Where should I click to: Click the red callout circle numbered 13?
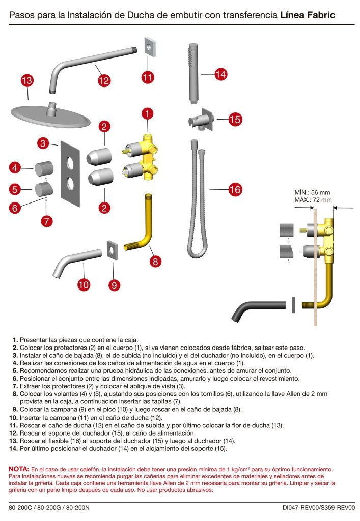click(x=27, y=80)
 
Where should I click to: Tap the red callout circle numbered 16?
click(x=234, y=190)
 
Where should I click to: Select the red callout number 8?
click(x=156, y=262)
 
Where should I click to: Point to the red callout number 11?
click(x=148, y=77)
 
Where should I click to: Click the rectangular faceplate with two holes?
click(x=69, y=173)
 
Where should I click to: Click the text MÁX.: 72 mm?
click(x=313, y=200)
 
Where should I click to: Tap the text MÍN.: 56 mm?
click(x=312, y=192)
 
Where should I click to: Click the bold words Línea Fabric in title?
click(x=308, y=15)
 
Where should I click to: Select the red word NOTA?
click(x=19, y=468)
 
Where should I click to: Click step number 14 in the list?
click(x=14, y=449)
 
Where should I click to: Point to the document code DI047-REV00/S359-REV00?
click(x=318, y=507)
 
